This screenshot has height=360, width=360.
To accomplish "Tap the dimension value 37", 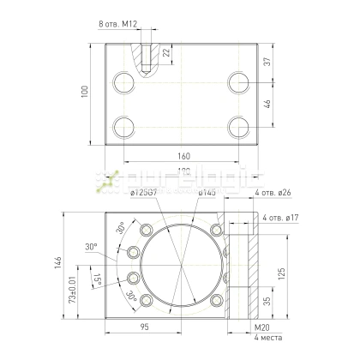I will point(267,62).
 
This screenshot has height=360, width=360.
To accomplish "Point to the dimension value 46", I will point(267,105).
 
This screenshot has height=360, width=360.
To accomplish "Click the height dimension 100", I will point(84,92).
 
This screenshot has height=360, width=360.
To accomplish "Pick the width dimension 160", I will point(184,157).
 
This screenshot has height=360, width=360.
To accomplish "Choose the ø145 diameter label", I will point(207,193).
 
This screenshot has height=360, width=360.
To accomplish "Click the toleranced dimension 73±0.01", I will point(72,287).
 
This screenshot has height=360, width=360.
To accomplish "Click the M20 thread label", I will point(262,327).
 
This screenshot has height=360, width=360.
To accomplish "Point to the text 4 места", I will point(267,337).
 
